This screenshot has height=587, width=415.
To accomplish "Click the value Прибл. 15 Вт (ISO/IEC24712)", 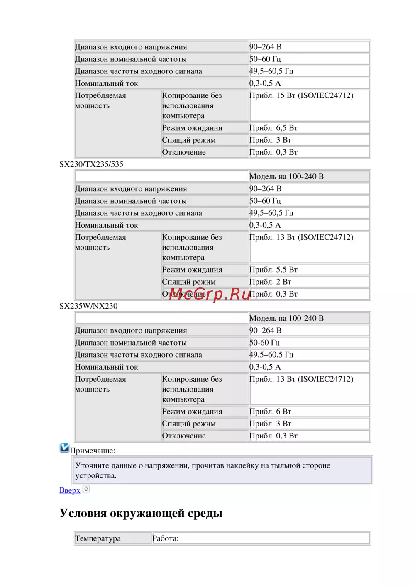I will click(x=301, y=95).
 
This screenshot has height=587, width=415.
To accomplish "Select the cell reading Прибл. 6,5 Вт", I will click(x=273, y=128).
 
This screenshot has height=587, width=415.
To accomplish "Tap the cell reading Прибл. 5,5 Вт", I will click(x=273, y=270).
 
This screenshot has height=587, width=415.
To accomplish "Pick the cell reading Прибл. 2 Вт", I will click(x=270, y=282).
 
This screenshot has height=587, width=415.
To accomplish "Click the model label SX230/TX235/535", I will click(x=91, y=164).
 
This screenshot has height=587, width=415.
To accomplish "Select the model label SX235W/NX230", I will click(x=88, y=306).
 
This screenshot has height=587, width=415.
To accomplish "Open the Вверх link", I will click(x=70, y=490).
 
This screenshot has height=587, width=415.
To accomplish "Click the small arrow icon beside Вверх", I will click(x=86, y=489).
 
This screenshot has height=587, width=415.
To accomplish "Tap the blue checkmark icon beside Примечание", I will click(x=64, y=448).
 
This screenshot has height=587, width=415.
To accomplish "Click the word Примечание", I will click(x=93, y=451).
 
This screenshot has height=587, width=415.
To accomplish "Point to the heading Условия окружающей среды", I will click(x=141, y=513).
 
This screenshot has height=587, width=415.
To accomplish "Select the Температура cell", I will click(x=98, y=538).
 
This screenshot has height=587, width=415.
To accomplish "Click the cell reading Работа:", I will click(x=166, y=538).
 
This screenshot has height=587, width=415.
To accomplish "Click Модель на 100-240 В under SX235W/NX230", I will click(x=286, y=318).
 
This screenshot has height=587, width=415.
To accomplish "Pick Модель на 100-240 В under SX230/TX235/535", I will click(x=286, y=176).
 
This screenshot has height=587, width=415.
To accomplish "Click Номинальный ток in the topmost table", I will click(x=106, y=83).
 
